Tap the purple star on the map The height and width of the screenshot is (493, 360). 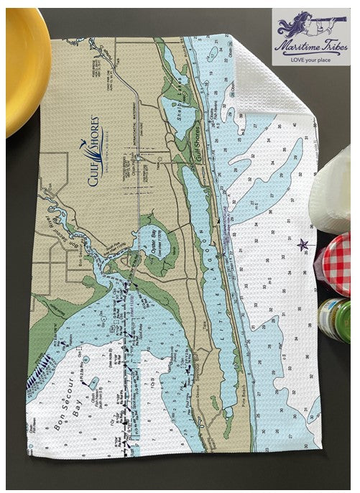point(303,244)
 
